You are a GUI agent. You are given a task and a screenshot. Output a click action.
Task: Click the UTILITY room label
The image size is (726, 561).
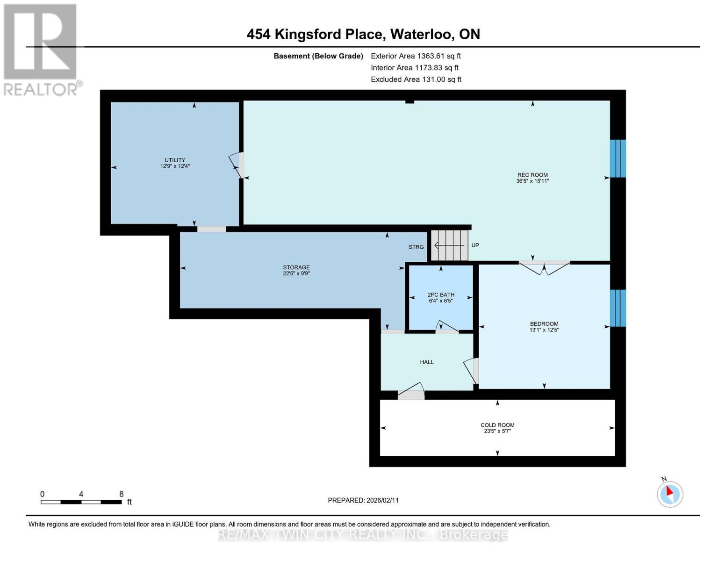tap(175, 160)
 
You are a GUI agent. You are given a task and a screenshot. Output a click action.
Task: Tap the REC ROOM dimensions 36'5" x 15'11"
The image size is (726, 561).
tap(532, 181)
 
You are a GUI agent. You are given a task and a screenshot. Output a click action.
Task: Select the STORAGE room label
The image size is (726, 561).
tap(296, 267)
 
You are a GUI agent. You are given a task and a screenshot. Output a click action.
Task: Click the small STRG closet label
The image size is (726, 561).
tap(416, 247)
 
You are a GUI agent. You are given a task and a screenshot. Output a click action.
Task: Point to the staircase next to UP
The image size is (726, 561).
tap(449, 245)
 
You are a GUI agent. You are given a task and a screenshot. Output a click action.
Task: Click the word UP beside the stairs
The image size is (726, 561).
tap(475, 245)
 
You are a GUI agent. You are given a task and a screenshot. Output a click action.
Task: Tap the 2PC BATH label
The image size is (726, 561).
tap(441, 295)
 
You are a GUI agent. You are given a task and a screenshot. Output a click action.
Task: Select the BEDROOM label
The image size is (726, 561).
tap(544, 324)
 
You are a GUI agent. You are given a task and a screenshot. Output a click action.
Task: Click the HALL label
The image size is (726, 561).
tap(427, 362)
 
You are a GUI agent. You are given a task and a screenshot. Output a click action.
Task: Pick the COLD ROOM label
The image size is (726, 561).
tap(497, 425)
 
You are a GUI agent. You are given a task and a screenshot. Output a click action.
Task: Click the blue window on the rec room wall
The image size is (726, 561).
tap(618, 158)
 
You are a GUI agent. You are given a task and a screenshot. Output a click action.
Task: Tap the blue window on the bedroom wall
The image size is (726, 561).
tap(618, 308)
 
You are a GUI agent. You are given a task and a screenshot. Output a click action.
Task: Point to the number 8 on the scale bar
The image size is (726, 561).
tap(122, 494)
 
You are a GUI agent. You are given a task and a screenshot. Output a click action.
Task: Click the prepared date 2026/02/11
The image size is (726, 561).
tap(382, 500)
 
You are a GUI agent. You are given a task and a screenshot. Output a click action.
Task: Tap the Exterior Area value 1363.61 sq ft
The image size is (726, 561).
tap(438, 56)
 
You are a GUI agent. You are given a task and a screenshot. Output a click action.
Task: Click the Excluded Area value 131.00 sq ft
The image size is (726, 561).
tap(439, 79)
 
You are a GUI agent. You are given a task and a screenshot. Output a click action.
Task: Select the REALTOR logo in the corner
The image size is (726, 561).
tap(41, 49)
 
